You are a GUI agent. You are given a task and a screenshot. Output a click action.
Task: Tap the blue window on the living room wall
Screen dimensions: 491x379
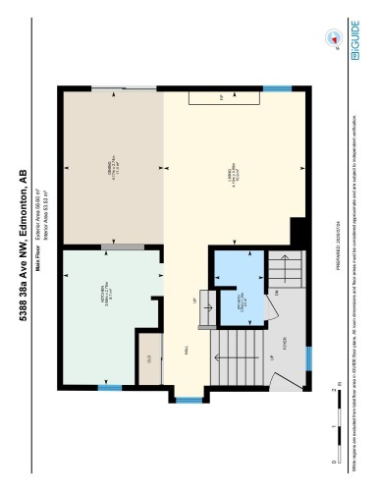point(278,89)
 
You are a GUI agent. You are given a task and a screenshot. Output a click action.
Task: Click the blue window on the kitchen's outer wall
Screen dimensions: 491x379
point(110,388)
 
